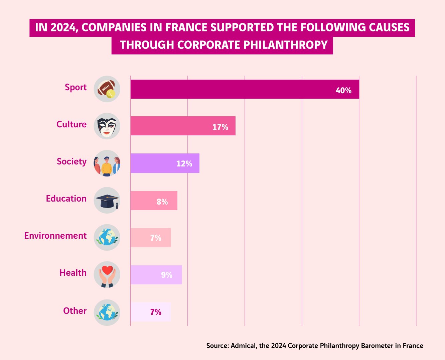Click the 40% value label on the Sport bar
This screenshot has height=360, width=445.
[x=343, y=91]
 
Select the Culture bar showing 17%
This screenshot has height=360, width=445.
[x=183, y=126]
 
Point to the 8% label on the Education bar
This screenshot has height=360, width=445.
[x=162, y=202]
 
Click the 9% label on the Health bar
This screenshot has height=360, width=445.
[x=167, y=275]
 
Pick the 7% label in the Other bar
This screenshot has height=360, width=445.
[x=156, y=312]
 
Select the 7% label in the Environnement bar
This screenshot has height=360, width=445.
[x=156, y=238]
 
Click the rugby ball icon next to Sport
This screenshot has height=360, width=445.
[x=107, y=89]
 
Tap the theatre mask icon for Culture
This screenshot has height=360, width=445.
[x=107, y=126]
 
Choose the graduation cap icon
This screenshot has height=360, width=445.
[x=107, y=201]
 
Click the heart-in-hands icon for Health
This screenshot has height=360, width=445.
[x=107, y=274]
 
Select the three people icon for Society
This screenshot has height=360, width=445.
[x=107, y=163]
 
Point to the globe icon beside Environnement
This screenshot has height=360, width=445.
[x=107, y=237]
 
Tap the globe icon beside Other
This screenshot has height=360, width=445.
[x=107, y=313]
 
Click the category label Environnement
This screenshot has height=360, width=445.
[x=55, y=236]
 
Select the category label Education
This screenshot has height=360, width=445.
[x=66, y=199]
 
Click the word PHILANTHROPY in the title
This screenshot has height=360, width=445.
[x=285, y=45]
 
